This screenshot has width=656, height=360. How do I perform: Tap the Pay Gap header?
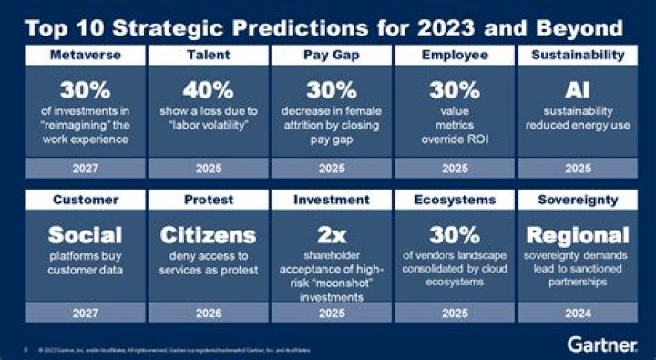point(331,57)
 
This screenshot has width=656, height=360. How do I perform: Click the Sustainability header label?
point(578,57)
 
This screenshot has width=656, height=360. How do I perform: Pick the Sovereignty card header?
point(578,200)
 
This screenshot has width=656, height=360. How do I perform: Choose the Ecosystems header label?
point(454,200)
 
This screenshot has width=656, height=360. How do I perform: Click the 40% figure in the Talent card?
point(208,91)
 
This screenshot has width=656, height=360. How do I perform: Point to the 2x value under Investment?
point(331,234)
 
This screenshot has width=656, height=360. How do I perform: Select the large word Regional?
point(578,234)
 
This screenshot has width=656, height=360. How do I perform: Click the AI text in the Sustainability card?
point(578,91)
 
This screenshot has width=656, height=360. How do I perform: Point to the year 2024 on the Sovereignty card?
point(578,312)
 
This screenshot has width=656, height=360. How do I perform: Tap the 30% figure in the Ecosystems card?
point(454,234)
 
